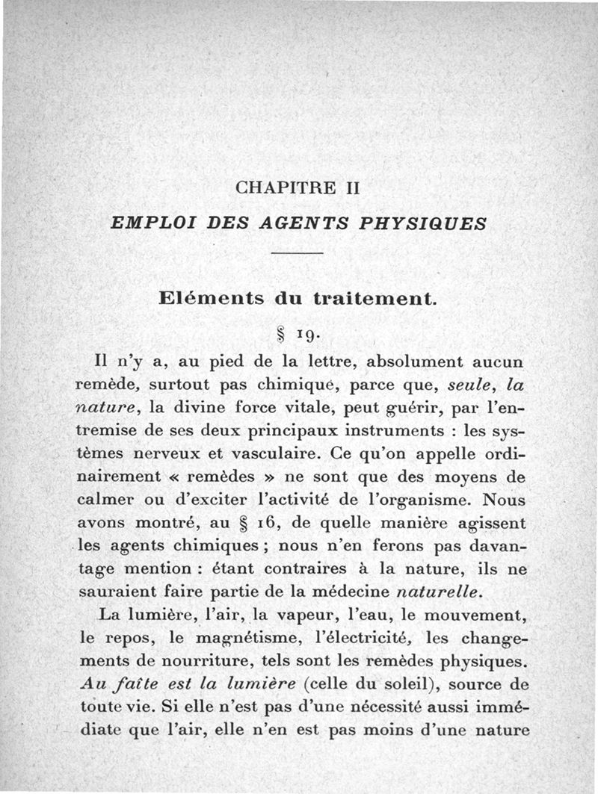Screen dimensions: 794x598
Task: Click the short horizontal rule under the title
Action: (x=298, y=255)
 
